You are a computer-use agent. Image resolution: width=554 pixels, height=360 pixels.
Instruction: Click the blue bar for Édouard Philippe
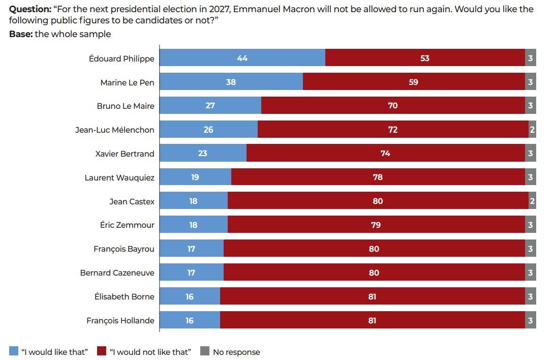242,58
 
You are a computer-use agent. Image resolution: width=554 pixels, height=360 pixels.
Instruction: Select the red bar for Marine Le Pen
414,82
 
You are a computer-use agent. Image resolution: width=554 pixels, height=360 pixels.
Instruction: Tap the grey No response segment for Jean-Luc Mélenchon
532,130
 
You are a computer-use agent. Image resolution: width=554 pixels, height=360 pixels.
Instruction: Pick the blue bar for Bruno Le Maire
210,106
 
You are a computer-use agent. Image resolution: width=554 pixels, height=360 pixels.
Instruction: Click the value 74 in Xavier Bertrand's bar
385,154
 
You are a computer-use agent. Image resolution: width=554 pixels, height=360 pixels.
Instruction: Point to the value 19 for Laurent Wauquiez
195,177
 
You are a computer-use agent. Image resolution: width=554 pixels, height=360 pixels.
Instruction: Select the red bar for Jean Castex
378,201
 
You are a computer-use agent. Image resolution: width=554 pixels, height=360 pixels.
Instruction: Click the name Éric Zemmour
127,225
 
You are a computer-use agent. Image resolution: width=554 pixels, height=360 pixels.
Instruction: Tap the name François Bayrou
124,249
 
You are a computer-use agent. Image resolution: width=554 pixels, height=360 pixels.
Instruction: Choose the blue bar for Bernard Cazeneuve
192,273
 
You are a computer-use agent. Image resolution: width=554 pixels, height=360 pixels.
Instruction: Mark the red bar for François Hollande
372,321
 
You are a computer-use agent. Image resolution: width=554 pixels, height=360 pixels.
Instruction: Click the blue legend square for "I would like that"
14,351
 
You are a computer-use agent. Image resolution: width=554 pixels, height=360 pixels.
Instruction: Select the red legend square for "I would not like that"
102,351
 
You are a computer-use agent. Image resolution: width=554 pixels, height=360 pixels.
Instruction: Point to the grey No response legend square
205,351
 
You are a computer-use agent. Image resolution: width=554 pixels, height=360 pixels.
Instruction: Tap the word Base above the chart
20,34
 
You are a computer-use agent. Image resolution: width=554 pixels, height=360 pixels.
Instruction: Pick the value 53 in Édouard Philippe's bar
425,58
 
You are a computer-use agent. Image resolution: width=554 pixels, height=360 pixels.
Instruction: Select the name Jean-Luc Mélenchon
114,130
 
